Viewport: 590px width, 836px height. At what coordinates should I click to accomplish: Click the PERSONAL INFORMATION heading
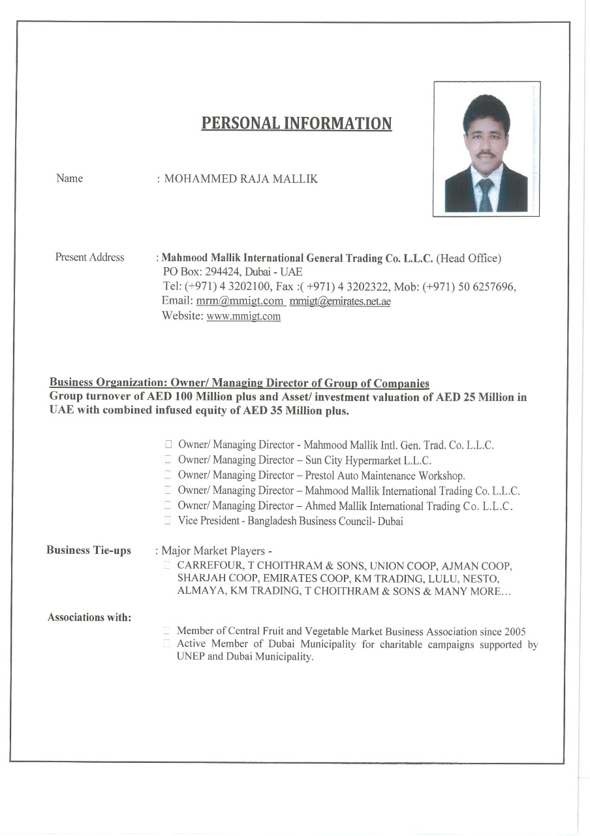[x=296, y=123]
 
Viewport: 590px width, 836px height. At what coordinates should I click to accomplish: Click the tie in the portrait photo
[x=486, y=195]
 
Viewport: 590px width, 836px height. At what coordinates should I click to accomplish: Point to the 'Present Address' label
[x=89, y=257]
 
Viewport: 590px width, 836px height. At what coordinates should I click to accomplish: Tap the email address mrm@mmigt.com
[x=240, y=301]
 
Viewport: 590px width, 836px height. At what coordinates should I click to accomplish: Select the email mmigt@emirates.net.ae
[x=340, y=301]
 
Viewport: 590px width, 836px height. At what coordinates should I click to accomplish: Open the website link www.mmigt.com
[x=243, y=317]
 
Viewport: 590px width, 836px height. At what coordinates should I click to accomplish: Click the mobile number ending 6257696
[x=488, y=287]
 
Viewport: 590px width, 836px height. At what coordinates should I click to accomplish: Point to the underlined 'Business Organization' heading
[x=239, y=383]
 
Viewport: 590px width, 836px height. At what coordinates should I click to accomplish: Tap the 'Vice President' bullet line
[x=290, y=521]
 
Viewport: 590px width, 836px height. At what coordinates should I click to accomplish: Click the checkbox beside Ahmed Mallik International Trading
[x=168, y=506]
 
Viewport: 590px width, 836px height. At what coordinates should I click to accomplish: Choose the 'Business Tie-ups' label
[x=89, y=551]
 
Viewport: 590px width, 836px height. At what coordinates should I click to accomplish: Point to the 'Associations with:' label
[x=89, y=617]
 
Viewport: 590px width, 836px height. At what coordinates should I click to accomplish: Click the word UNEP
[x=191, y=657]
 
